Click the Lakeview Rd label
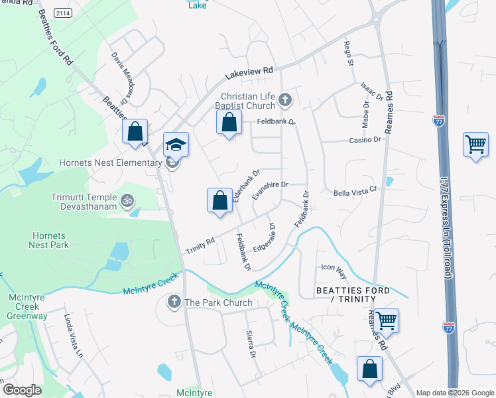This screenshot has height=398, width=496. pyautogui.click(x=249, y=70)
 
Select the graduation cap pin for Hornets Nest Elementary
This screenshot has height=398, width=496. pyautogui.click(x=176, y=145)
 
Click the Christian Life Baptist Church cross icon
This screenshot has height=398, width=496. pyautogui.click(x=285, y=100)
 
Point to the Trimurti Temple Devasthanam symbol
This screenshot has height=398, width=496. pyautogui.click(x=127, y=198)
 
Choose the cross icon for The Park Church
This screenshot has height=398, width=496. pyautogui.click(x=174, y=302)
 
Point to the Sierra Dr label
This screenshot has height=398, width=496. pyautogui.click(x=251, y=344)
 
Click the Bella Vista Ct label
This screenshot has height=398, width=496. pyautogui.click(x=355, y=190)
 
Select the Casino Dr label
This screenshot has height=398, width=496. pyautogui.click(x=365, y=140)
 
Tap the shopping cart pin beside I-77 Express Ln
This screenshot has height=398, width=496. pyautogui.click(x=476, y=145)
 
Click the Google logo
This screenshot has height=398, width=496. pyautogui.click(x=22, y=390)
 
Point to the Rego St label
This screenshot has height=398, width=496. pyautogui.click(x=347, y=54)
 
